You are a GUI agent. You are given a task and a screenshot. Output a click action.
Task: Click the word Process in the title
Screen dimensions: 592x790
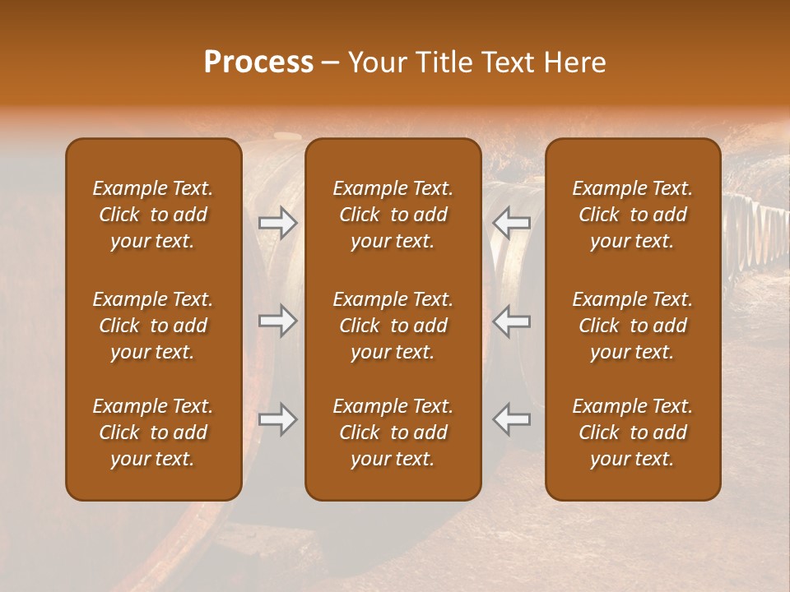pyautogui.click(x=258, y=62)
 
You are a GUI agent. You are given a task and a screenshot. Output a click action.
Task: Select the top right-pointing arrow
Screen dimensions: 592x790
pyautogui.click(x=277, y=223)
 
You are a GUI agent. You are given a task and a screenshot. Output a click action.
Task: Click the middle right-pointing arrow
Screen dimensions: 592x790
pyautogui.click(x=277, y=321)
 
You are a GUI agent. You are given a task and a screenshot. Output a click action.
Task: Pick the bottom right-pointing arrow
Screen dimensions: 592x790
pyautogui.click(x=277, y=419)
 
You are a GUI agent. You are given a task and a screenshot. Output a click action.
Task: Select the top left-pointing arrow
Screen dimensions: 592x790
pyautogui.click(x=512, y=223)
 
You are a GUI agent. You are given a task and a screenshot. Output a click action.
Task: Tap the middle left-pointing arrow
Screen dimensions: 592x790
pyautogui.click(x=512, y=321)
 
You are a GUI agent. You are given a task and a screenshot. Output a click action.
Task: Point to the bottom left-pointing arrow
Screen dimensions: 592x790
pyautogui.click(x=512, y=419)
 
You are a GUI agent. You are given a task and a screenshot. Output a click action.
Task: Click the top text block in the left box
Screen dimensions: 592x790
pyautogui.click(x=153, y=215)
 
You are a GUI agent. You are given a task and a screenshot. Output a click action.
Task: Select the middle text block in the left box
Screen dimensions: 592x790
pyautogui.click(x=153, y=326)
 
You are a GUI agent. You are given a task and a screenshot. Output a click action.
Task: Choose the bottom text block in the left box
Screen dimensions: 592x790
pyautogui.click(x=153, y=432)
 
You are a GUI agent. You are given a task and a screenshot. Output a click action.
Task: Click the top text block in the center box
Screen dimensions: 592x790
pyautogui.click(x=393, y=215)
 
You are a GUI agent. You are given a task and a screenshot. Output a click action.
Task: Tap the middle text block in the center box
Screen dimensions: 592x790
pyautogui.click(x=393, y=326)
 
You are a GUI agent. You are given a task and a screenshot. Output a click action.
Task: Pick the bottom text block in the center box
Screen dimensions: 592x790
pyautogui.click(x=393, y=432)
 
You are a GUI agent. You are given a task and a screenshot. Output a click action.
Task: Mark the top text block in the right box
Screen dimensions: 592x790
pyautogui.click(x=632, y=215)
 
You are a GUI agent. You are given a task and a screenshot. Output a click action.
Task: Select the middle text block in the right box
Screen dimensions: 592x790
pyautogui.click(x=632, y=326)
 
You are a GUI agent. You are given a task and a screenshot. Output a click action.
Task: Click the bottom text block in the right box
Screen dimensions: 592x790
pyautogui.click(x=632, y=432)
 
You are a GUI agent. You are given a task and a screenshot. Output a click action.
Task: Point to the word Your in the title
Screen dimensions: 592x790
pyautogui.click(x=374, y=62)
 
